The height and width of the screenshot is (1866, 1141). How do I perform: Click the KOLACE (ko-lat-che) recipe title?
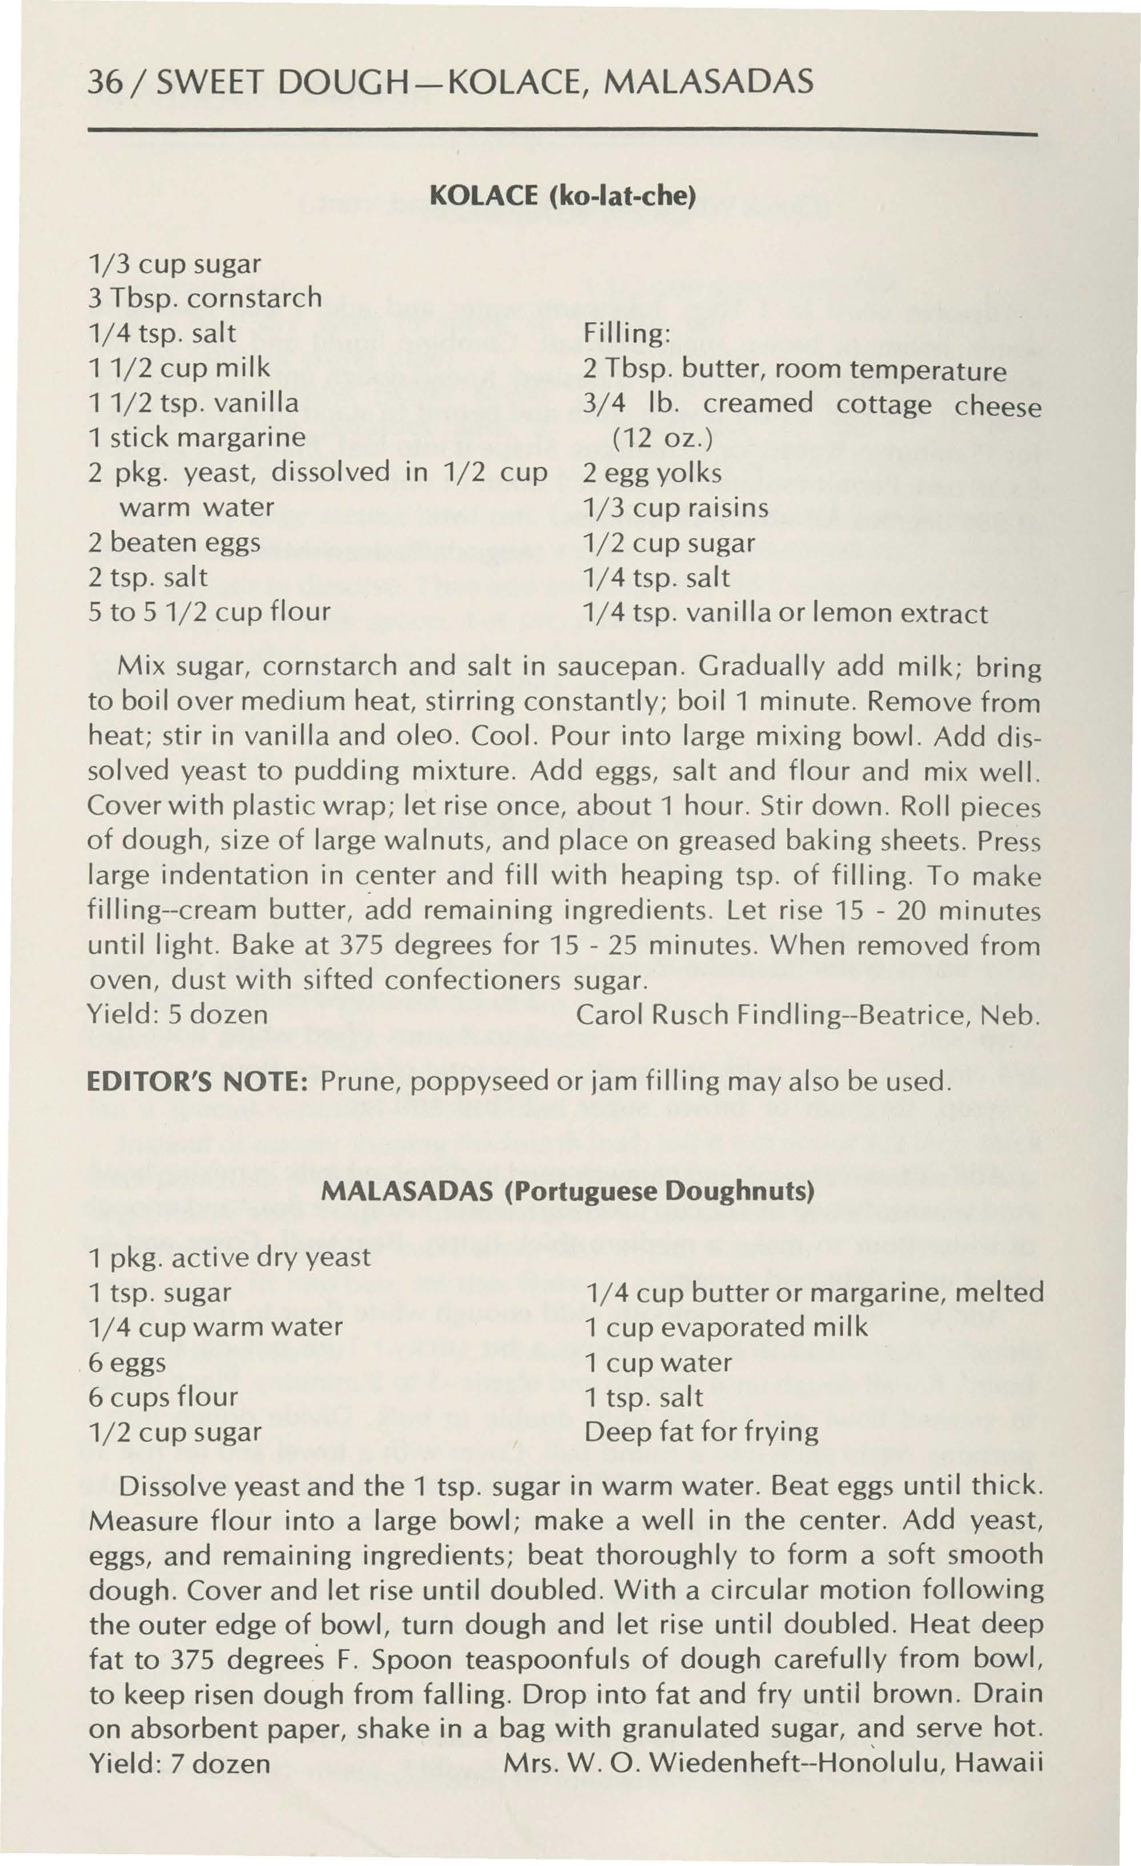coord(562,197)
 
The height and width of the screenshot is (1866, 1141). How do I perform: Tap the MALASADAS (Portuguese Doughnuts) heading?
coord(569,1191)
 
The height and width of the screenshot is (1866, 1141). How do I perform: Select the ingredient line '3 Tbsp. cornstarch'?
coord(205,298)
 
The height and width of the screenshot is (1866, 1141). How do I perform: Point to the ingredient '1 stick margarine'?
coord(197,437)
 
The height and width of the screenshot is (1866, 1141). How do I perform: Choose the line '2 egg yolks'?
coord(652,472)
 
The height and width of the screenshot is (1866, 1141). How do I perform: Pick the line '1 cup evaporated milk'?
coord(726,1327)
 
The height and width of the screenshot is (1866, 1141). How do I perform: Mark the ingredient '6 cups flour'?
coord(163,1397)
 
